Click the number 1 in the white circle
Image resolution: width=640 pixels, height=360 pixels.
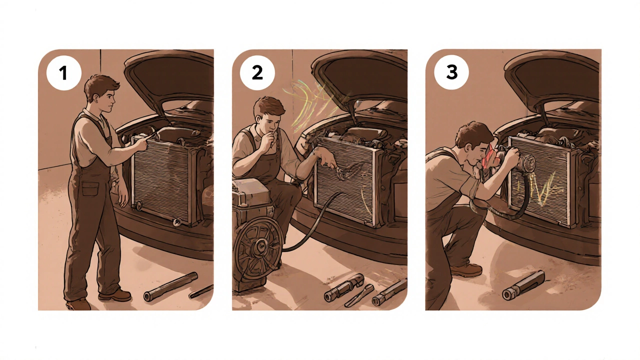63,73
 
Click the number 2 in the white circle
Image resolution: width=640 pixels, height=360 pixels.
257,72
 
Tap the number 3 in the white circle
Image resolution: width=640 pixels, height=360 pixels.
451,72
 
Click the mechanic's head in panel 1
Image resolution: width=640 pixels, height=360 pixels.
101,93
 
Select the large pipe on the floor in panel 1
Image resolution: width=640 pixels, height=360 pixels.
171,286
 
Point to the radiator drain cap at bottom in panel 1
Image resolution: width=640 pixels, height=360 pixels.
176,222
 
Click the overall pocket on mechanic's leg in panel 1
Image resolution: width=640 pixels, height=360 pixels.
90,188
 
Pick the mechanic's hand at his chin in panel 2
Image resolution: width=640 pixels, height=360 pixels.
268,139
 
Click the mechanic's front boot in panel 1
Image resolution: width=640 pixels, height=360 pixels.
115,295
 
